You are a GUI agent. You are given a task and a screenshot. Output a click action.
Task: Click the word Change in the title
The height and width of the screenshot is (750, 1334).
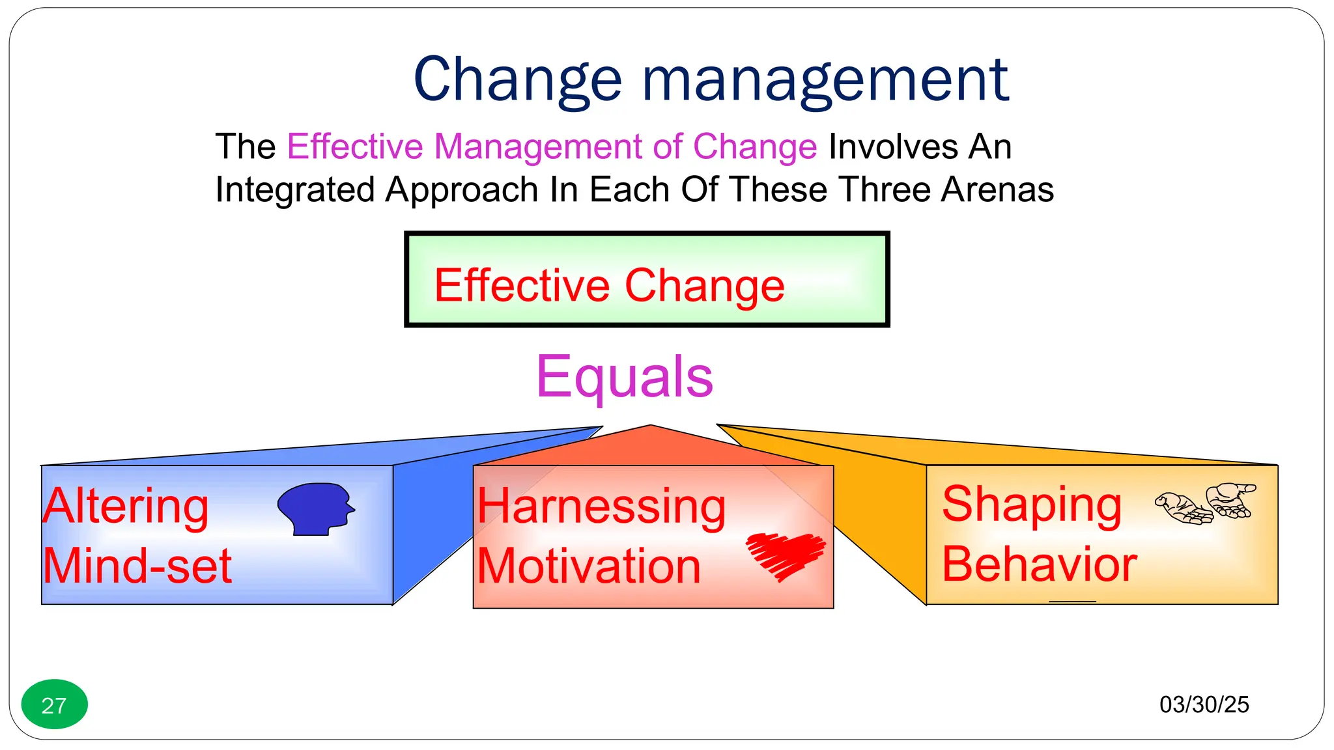pos(518,80)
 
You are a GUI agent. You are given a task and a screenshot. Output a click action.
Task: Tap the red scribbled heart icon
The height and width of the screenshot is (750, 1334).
pos(786,555)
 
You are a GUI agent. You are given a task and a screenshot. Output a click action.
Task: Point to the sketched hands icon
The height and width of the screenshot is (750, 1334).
pos(1205,503)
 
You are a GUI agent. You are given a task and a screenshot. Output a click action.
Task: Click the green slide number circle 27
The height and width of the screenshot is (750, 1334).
pos(54,704)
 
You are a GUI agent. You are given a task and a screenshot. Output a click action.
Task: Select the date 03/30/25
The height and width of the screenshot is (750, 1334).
pos(1204,704)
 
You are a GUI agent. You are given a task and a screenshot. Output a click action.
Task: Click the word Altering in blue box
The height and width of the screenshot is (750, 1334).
pos(126,507)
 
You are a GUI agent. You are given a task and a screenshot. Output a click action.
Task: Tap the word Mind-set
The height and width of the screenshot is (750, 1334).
pos(137,566)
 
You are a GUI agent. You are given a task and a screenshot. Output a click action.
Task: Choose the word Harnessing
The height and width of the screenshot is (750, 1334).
pos(601,507)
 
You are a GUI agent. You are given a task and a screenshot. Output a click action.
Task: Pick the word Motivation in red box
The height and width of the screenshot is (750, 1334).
pos(589,566)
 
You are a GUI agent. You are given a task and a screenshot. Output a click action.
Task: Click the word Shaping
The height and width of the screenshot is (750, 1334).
pos(1032,505)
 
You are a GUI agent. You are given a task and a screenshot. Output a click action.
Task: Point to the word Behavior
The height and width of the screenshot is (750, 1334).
pos(1039,564)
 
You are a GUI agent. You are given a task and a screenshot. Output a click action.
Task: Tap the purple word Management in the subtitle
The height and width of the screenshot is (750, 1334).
pos(538,146)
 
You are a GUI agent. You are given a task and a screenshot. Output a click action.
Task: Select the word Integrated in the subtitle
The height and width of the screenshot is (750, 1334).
pos(295,190)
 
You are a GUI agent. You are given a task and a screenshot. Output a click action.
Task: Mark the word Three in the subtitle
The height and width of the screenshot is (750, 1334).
pos(885,190)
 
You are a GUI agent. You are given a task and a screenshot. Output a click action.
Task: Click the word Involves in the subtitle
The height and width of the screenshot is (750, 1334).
pos(892,146)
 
